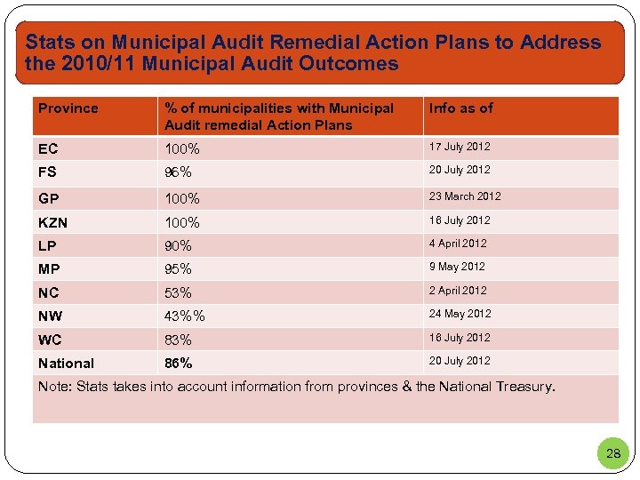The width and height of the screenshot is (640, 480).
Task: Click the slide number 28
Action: click(x=613, y=454)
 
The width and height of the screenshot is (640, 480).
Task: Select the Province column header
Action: click(x=68, y=108)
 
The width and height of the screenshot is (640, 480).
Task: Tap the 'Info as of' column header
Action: click(x=460, y=108)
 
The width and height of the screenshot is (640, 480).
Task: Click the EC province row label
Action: click(x=47, y=148)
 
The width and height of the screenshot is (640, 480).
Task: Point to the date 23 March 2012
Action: click(x=465, y=196)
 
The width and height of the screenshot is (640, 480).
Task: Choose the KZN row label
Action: click(x=52, y=221)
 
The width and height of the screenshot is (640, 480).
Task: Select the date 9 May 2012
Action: click(x=457, y=267)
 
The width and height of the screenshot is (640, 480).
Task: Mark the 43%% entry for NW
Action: click(x=185, y=316)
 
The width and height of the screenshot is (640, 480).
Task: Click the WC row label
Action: click(x=50, y=340)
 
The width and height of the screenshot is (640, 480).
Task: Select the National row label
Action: click(x=66, y=364)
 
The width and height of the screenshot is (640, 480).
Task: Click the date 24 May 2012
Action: click(x=460, y=314)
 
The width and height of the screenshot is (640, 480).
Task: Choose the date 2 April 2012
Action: click(x=458, y=291)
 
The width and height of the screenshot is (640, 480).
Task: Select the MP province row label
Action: click(x=50, y=268)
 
